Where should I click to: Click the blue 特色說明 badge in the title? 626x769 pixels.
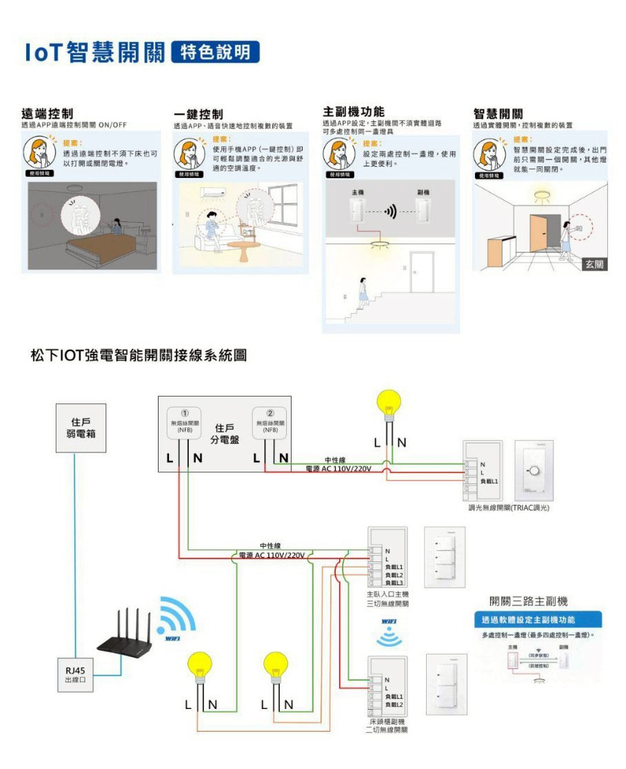(215, 52)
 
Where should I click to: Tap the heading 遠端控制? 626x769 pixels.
(48, 113)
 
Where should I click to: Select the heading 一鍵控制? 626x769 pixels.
(198, 114)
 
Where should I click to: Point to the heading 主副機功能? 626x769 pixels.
(354, 111)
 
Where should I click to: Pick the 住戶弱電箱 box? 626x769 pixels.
(81, 427)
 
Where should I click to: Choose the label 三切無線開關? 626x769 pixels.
(387, 603)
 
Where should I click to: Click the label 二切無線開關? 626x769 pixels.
(386, 730)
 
